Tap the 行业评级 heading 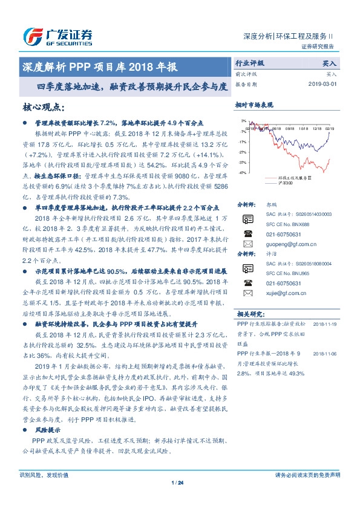coord(249,62)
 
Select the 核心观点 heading coord(44,107)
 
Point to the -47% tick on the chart coord(242,173)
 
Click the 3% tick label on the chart coord(243,121)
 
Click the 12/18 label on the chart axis coord(318,128)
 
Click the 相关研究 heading coord(249,313)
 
